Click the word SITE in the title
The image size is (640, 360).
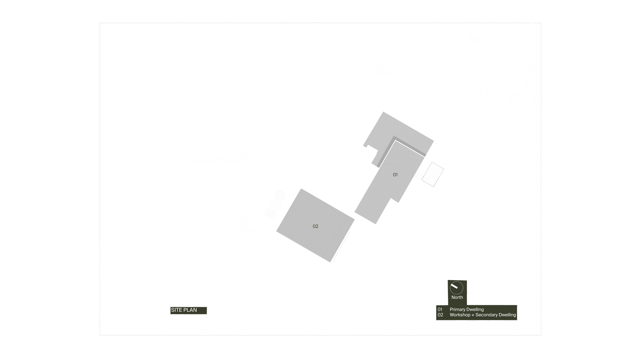tap(177, 310)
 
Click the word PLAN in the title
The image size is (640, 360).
tap(190, 310)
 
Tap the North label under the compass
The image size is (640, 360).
tap(457, 297)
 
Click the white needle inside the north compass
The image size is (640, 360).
tap(454, 286)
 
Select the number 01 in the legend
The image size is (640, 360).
tap(440, 309)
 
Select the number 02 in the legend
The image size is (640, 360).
tap(440, 315)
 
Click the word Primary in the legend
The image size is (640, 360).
tap(458, 309)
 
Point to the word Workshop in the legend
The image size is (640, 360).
tap(460, 315)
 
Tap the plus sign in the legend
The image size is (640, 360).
tap(473, 315)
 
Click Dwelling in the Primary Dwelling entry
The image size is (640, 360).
tap(475, 309)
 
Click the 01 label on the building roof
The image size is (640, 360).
tap(395, 175)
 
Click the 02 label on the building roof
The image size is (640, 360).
tap(315, 226)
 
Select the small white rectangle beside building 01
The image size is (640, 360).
tap(433, 174)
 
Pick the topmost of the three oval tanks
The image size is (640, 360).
tap(280, 195)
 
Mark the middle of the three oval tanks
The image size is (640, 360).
tap(275, 204)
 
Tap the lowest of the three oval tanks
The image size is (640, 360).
tap(270, 213)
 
